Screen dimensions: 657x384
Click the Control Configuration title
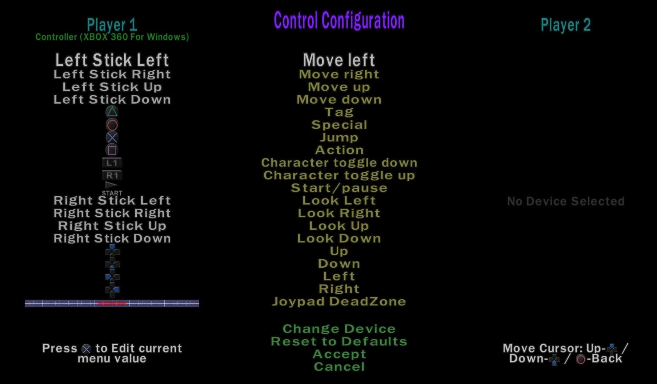click(339, 21)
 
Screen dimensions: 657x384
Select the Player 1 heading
click(112, 25)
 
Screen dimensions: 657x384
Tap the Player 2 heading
click(565, 25)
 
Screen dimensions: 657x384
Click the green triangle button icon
click(112, 112)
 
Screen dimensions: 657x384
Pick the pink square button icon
click(112, 150)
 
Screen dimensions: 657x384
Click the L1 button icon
click(112, 163)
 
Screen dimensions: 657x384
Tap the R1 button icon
click(112, 175)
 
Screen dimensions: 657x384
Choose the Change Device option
click(339, 329)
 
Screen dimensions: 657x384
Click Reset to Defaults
click(339, 341)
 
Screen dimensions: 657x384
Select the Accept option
click(339, 354)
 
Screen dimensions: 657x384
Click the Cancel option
click(339, 367)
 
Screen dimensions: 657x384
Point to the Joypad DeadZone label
click(339, 302)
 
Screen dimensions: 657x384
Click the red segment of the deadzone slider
click(112, 303)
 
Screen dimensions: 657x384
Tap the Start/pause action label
click(339, 188)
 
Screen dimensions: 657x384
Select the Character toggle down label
click(339, 163)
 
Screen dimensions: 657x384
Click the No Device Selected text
click(566, 201)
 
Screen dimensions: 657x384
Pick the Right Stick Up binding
click(112, 226)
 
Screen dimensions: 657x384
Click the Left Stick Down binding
click(112, 100)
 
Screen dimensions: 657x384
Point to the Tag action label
click(339, 112)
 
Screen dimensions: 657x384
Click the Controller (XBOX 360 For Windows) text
click(112, 37)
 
